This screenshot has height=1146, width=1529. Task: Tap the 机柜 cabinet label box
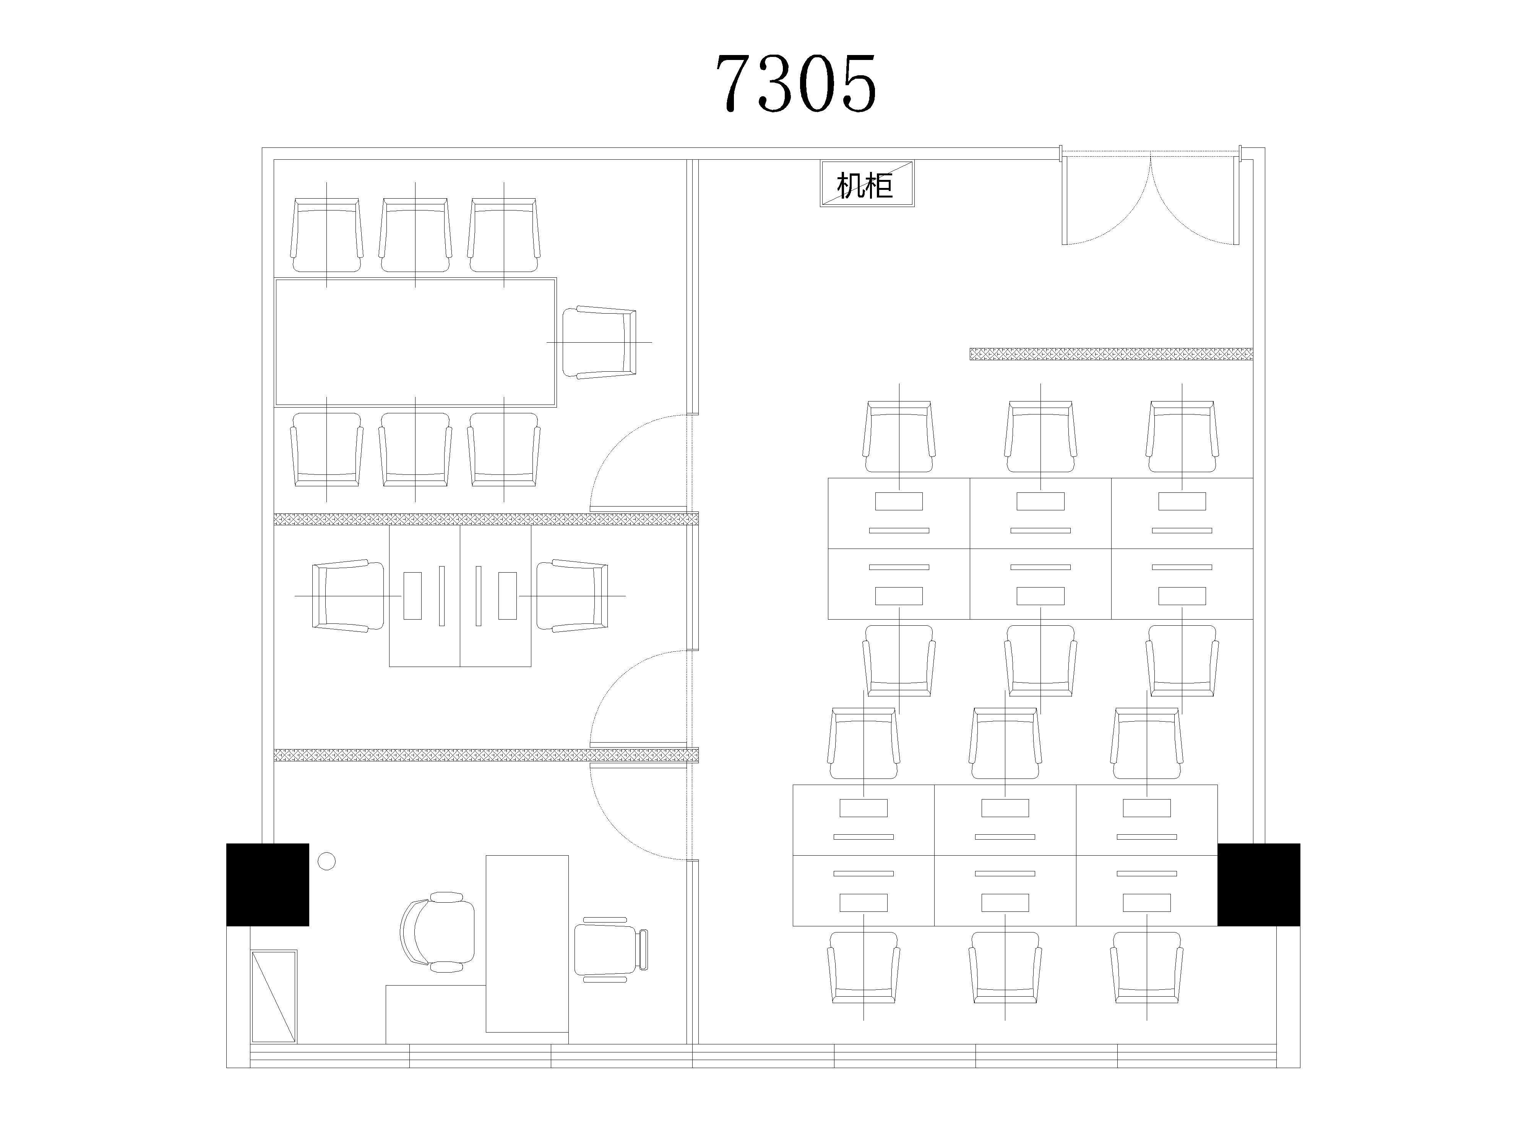tap(867, 184)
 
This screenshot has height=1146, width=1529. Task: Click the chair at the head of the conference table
tap(599, 342)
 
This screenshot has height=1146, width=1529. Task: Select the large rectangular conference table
tap(416, 342)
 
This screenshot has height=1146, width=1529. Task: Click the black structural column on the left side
tap(268, 884)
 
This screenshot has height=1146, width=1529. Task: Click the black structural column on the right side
tap(1258, 884)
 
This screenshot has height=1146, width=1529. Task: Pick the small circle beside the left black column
tap(326, 861)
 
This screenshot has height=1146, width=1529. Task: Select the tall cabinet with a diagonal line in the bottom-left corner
tap(274, 997)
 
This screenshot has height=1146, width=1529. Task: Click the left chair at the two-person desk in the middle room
tap(348, 596)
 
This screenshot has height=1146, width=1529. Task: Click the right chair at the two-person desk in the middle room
tap(573, 596)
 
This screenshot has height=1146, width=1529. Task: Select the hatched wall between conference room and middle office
tap(486, 519)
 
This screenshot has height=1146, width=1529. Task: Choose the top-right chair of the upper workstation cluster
tap(1182, 437)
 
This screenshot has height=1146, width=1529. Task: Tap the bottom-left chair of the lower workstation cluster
tap(864, 968)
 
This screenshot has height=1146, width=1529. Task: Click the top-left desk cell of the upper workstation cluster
tap(899, 513)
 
